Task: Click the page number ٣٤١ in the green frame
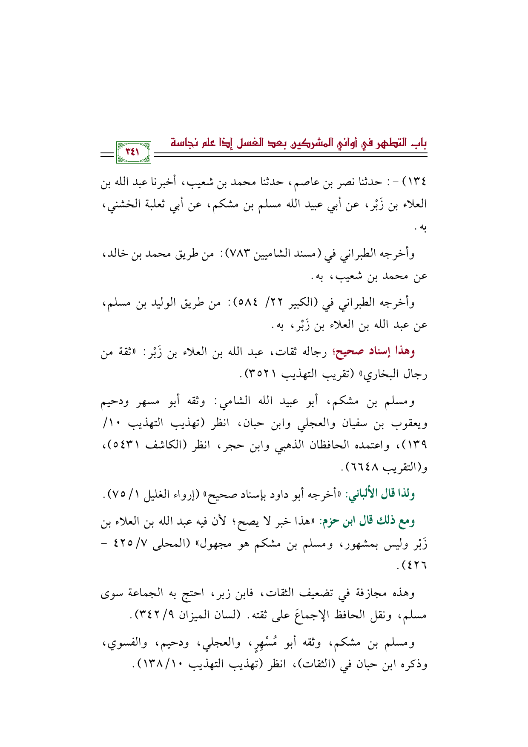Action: click(133, 152)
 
